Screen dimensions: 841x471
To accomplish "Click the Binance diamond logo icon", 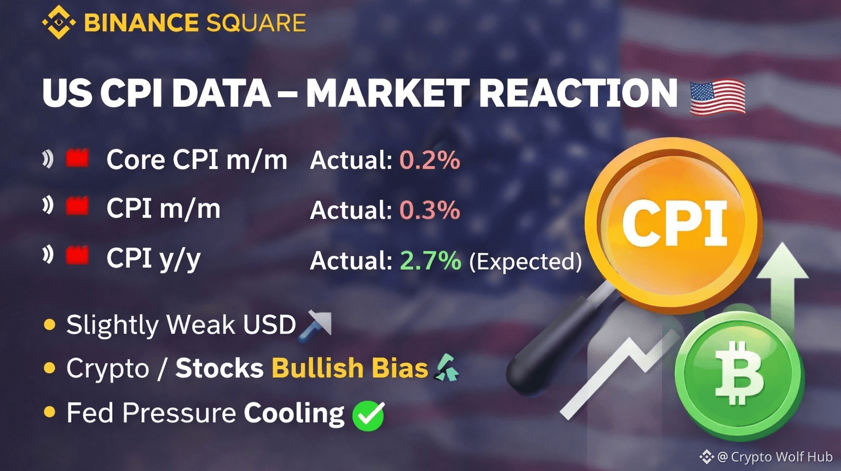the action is coord(59,22).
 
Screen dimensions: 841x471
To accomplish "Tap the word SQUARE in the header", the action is coord(256,23).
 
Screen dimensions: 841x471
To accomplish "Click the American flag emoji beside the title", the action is coord(718,96).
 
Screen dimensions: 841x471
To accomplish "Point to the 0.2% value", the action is coord(430,160).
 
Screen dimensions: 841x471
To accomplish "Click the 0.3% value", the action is coord(430,210).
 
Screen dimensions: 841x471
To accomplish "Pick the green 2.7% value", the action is coord(431,260).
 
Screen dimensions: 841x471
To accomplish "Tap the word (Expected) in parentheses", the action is coord(526,261).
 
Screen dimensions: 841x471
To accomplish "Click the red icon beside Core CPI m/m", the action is coord(77,158).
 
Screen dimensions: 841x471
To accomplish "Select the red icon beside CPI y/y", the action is coord(77,255).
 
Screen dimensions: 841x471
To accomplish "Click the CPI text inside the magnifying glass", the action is coord(675,224).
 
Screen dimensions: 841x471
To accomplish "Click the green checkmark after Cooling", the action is coord(368,416).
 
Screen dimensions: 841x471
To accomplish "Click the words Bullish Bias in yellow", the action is coord(350,368).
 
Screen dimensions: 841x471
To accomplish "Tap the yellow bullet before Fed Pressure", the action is coord(49,412).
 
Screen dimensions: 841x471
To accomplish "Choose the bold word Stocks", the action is coord(220,368).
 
